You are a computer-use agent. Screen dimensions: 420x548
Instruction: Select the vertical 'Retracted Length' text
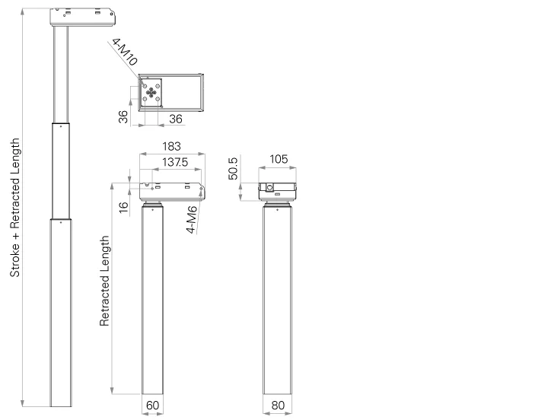pyautogui.click(x=106, y=282)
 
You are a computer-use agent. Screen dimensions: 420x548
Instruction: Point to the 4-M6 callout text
pyautogui.click(x=193, y=219)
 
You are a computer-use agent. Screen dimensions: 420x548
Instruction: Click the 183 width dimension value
pyautogui.click(x=172, y=147)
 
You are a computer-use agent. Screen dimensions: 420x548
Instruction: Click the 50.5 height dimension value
pyautogui.click(x=234, y=169)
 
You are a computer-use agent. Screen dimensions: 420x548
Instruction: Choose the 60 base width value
pyautogui.click(x=152, y=406)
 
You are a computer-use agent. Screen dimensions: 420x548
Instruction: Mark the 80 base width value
pyautogui.click(x=277, y=406)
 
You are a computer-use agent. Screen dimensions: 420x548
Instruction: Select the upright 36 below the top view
pyautogui.click(x=175, y=119)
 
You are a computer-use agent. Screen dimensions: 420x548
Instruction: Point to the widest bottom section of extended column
pyautogui.click(x=62, y=312)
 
